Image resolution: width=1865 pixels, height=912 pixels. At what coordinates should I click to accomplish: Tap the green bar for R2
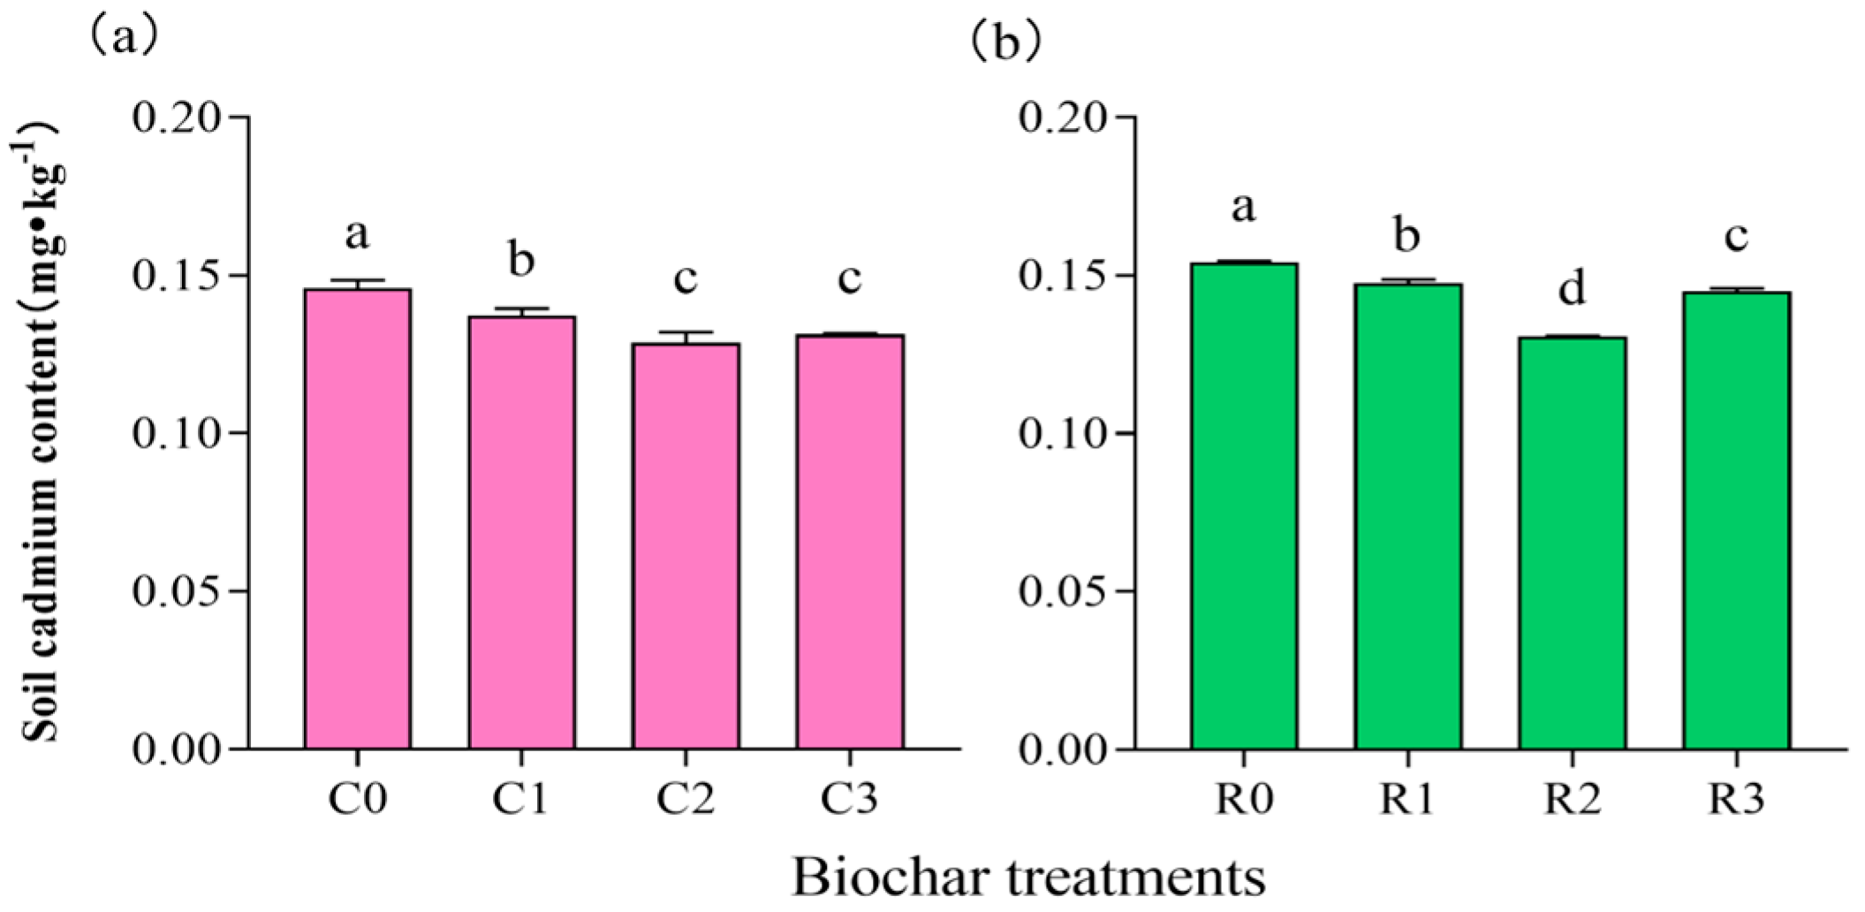tap(1572, 543)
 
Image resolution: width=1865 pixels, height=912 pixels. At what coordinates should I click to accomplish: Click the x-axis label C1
tap(521, 800)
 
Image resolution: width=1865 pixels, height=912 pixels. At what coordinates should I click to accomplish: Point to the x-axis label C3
tap(849, 800)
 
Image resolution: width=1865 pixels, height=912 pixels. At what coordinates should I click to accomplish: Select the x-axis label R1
tap(1407, 800)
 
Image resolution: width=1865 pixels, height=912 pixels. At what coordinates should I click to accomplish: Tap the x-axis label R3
tap(1736, 800)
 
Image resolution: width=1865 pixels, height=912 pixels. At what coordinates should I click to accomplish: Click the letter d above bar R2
tap(1572, 289)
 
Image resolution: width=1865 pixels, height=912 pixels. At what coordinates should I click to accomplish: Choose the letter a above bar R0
tap(1243, 209)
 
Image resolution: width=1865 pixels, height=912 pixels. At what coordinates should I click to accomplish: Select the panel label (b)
tap(1005, 42)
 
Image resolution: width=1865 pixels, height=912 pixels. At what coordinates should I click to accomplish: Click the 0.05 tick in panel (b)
tap(1062, 591)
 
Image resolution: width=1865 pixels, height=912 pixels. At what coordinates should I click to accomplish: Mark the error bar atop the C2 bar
tap(686, 336)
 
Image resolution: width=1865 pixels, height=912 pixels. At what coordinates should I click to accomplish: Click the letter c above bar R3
tap(1736, 236)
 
